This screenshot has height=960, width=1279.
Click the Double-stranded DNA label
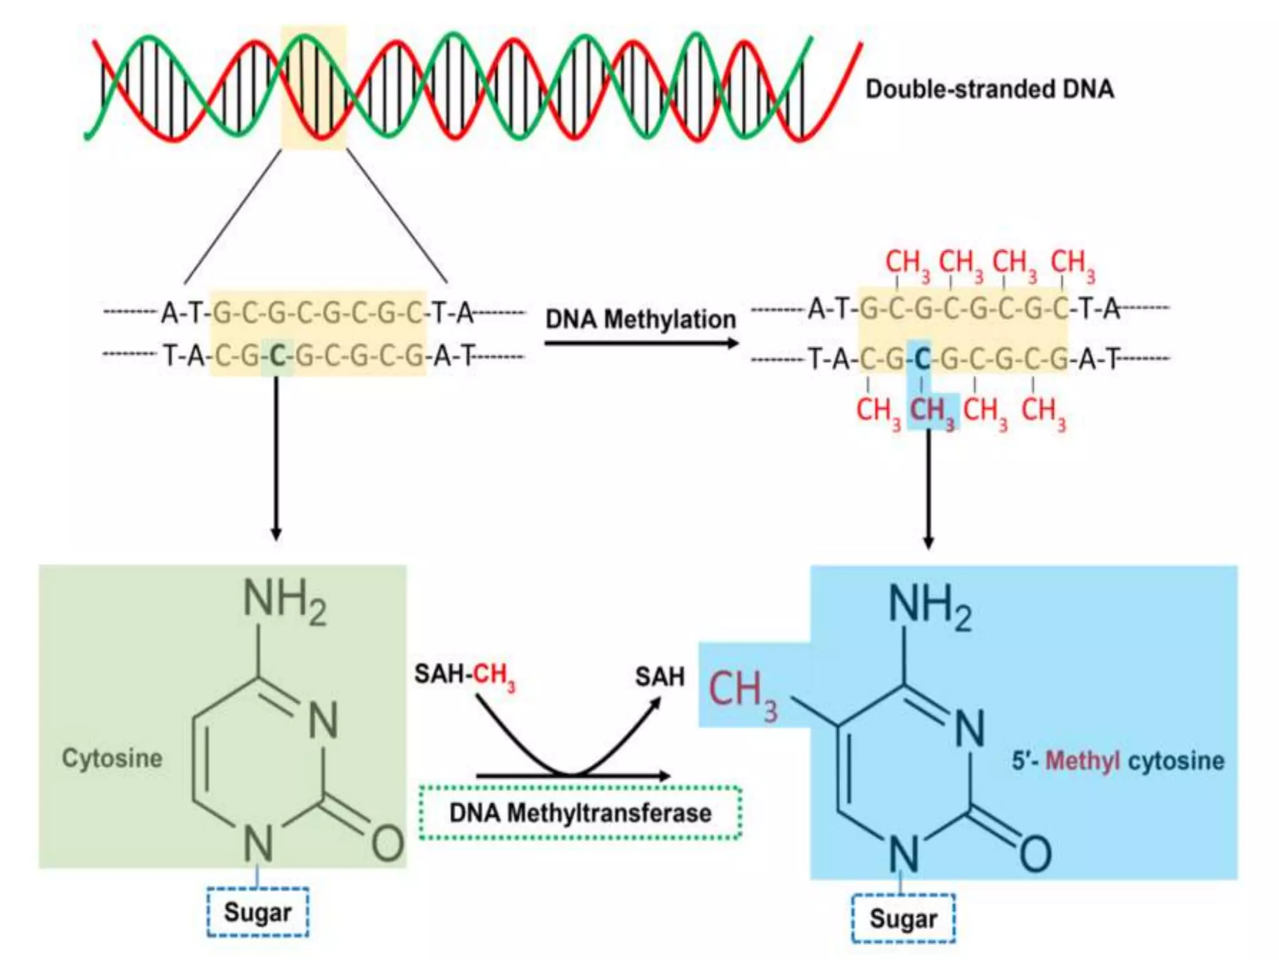(x=989, y=89)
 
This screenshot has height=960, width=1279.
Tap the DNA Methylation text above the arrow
(x=641, y=319)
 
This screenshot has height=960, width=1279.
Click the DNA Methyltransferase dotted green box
(x=580, y=812)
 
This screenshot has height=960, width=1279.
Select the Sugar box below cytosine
(x=257, y=912)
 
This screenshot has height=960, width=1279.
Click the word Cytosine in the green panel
(x=112, y=758)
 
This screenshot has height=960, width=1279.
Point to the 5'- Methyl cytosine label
(x=1118, y=761)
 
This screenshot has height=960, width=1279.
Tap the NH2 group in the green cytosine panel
(x=284, y=601)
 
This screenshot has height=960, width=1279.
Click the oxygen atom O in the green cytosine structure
(x=387, y=843)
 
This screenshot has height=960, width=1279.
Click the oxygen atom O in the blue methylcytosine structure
(x=1035, y=854)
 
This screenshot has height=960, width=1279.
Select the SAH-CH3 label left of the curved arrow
(x=465, y=676)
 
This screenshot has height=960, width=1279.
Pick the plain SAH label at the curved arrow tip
(x=659, y=677)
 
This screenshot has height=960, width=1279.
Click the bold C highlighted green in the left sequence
(x=277, y=356)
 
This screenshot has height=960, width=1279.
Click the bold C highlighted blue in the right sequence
(x=922, y=359)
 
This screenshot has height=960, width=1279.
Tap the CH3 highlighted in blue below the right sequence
(x=932, y=411)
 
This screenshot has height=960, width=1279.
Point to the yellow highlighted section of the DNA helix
(x=314, y=87)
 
